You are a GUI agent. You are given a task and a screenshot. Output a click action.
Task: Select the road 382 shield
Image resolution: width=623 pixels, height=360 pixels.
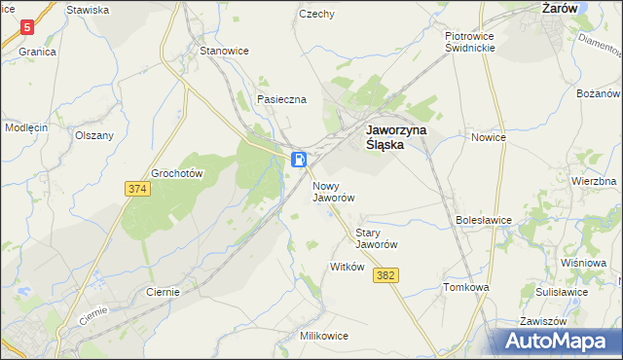385,276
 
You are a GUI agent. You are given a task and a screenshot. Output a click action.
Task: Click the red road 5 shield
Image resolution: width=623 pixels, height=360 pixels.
27,28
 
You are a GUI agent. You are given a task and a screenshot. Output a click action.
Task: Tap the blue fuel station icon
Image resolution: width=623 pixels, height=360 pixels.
301,159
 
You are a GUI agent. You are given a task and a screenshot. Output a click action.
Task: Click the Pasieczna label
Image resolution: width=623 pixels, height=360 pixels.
281,99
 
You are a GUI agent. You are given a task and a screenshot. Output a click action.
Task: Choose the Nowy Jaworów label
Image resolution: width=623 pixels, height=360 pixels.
333,191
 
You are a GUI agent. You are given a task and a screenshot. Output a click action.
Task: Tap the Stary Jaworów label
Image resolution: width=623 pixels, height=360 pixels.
378,238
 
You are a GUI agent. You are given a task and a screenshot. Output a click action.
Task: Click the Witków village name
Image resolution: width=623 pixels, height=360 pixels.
348,267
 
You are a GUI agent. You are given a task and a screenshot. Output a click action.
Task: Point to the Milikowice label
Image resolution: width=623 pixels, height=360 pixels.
325,335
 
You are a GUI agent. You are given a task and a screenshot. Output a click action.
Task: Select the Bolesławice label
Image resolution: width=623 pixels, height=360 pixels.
484,220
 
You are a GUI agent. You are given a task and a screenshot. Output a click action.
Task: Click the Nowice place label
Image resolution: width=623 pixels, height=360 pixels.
489,137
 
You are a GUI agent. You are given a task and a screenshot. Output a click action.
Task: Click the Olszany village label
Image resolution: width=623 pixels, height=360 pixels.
94,136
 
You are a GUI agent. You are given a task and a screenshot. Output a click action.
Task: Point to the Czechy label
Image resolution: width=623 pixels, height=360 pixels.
317,15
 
